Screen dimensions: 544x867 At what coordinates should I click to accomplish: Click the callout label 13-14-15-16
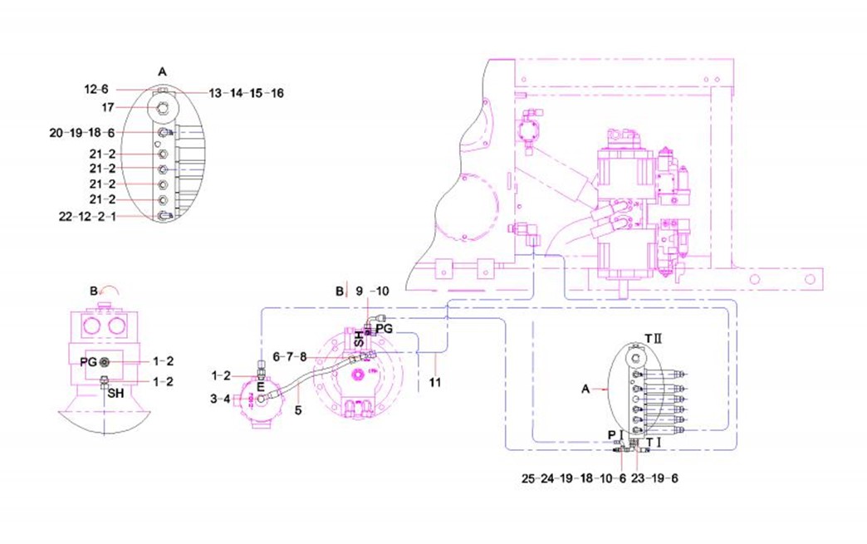pyautogui.click(x=246, y=93)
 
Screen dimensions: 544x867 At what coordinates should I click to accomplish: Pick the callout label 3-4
pyautogui.click(x=221, y=399)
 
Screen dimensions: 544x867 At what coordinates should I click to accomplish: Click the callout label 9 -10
pyautogui.click(x=371, y=292)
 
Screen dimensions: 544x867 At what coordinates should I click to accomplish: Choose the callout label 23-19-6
pyautogui.click(x=655, y=478)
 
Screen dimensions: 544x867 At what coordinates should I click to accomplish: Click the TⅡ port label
pyautogui.click(x=653, y=341)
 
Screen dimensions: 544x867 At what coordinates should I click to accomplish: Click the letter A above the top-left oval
pyautogui.click(x=163, y=72)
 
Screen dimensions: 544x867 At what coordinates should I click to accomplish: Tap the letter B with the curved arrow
pyautogui.click(x=94, y=291)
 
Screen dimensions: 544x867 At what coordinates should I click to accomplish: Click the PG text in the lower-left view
pyautogui.click(x=88, y=362)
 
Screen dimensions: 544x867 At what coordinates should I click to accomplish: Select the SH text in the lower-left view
pyautogui.click(x=111, y=393)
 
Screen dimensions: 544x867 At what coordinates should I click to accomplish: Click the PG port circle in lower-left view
pyautogui.click(x=105, y=362)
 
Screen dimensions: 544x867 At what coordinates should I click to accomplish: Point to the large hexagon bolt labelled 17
pyautogui.click(x=164, y=107)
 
